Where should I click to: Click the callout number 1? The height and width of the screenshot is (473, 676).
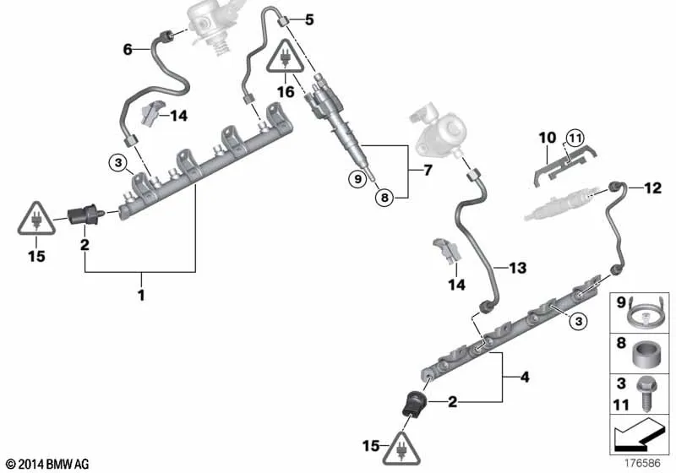(x=141, y=295)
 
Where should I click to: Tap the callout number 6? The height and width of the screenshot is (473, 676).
(x=128, y=50)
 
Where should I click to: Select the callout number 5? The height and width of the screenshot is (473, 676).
(x=309, y=19)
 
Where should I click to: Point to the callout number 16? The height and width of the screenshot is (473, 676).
(x=286, y=92)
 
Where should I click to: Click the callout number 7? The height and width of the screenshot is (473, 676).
(x=428, y=170)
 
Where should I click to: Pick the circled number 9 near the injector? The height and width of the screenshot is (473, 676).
(x=357, y=178)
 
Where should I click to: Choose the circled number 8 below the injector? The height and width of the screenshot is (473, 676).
(x=384, y=198)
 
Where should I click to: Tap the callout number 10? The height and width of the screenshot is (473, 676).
(x=548, y=138)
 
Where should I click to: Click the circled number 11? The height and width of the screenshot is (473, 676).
(x=575, y=139)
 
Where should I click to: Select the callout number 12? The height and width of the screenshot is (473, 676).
(x=652, y=188)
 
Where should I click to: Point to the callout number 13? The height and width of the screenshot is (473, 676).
(x=518, y=268)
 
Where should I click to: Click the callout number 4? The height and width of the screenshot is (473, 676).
(x=525, y=378)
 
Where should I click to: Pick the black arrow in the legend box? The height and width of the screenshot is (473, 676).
(x=638, y=436)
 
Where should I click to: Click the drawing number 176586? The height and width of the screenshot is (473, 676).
(x=642, y=463)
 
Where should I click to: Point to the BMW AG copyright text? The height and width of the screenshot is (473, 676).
(x=47, y=465)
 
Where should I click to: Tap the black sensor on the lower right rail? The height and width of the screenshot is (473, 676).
(x=414, y=404)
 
